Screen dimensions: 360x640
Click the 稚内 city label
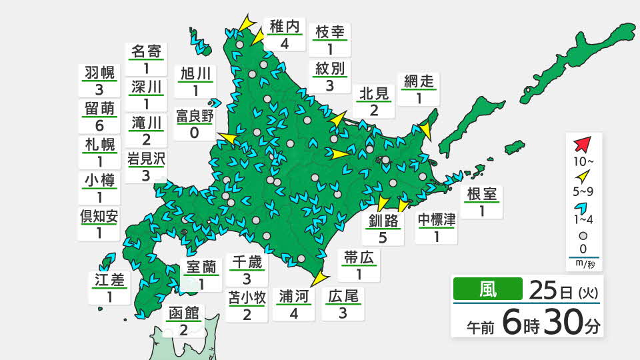point(285,27)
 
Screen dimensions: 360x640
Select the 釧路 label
point(383,221)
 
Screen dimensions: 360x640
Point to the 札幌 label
point(99,144)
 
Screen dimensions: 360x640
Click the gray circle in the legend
point(583,235)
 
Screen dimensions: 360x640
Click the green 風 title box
point(487,289)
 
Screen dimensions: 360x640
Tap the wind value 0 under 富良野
point(195,132)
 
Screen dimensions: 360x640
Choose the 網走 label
point(419,81)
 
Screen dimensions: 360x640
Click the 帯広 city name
point(360,257)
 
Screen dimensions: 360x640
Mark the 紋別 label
point(330,69)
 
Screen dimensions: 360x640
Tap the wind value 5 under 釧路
point(383,237)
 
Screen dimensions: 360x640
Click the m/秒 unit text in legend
point(583,264)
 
